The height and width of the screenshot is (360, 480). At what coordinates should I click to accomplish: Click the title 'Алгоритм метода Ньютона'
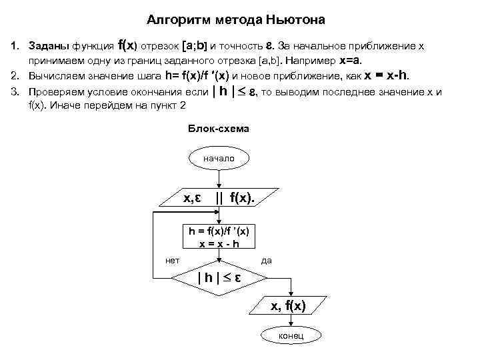click(235, 20)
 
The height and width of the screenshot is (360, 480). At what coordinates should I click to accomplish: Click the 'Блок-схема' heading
click(219, 128)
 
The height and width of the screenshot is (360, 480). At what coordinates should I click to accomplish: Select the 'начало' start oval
click(218, 158)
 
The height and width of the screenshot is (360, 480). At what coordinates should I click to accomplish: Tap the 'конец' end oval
click(291, 335)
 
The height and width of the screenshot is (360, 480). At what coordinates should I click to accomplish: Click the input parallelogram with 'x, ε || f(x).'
click(219, 197)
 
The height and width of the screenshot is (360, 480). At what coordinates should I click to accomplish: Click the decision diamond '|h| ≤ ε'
click(218, 276)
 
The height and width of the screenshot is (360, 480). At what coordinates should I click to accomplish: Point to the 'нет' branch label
click(172, 260)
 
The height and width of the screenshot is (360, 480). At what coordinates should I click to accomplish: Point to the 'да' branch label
click(267, 260)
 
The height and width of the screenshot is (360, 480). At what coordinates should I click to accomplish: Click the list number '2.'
click(14, 75)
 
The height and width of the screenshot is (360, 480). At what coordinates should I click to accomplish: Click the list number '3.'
click(14, 92)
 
